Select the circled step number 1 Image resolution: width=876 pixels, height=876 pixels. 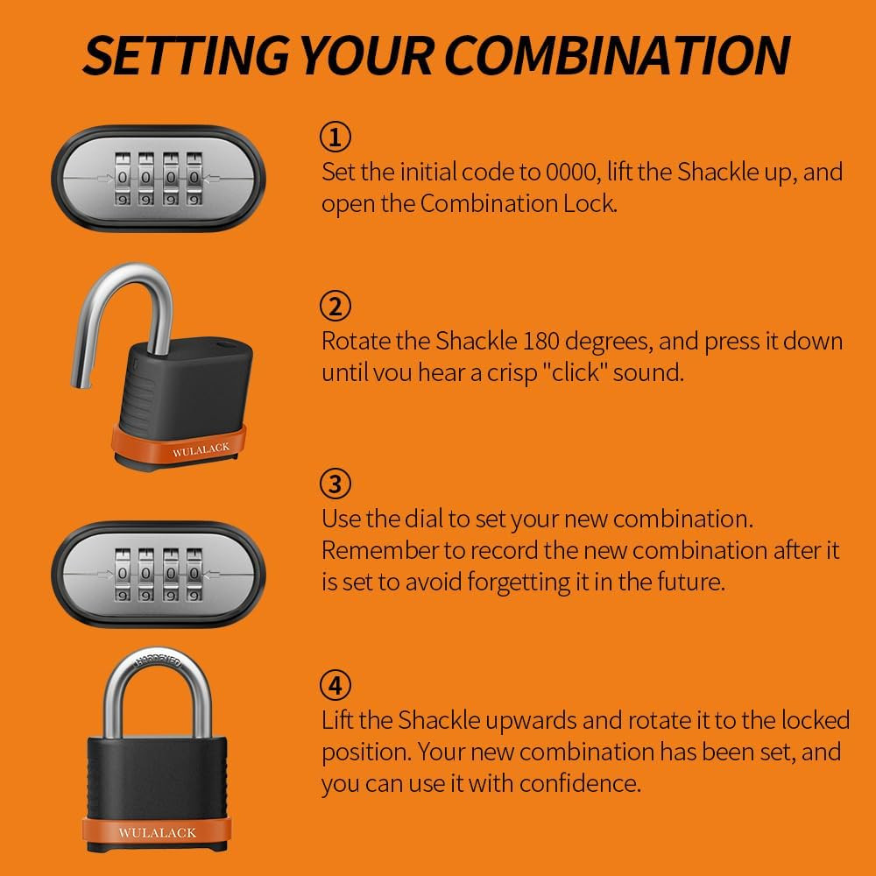[336, 137]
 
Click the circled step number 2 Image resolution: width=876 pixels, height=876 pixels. [336, 306]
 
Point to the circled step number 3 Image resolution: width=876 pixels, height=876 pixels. [336, 484]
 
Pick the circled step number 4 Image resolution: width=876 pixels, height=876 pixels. [336, 685]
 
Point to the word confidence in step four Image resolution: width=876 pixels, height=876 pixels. [580, 782]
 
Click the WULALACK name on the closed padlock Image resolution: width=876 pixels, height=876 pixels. [158, 832]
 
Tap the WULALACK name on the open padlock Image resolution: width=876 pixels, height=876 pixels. [201, 449]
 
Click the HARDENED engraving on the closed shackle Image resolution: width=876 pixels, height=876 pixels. [159, 660]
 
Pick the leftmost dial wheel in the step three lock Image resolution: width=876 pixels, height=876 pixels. [123, 575]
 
